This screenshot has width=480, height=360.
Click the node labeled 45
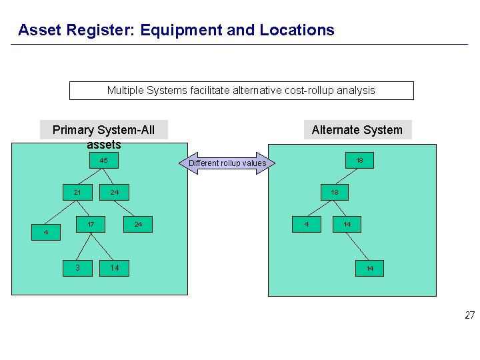click(x=103, y=161)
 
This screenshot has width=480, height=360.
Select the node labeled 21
click(x=77, y=193)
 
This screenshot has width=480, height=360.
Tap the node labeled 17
click(x=90, y=225)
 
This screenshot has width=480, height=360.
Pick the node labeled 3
click(x=77, y=268)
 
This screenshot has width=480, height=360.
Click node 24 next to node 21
click(x=115, y=193)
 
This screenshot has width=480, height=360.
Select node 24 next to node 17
click(x=138, y=225)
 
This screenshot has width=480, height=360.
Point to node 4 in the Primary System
click(x=46, y=232)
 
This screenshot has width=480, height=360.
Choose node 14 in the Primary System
click(x=115, y=268)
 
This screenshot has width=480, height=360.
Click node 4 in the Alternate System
click(x=307, y=225)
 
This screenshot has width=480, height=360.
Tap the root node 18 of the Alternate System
click(x=359, y=161)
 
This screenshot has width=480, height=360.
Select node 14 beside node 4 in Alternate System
click(x=347, y=225)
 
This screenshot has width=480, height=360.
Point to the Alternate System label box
click(x=357, y=130)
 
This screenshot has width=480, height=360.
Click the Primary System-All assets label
click(x=103, y=130)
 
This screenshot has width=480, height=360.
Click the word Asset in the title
click(x=40, y=30)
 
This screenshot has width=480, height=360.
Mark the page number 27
click(x=469, y=315)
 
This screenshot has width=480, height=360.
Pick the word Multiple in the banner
click(x=126, y=91)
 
